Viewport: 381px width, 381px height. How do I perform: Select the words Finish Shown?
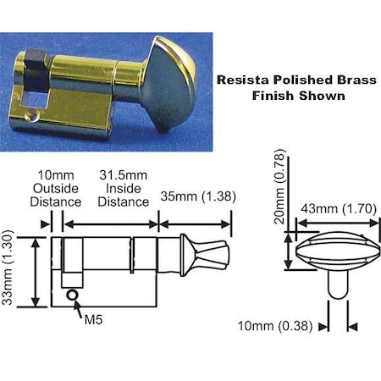pyautogui.click(x=299, y=96)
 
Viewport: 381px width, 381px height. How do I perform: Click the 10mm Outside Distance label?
pyautogui.click(x=56, y=190)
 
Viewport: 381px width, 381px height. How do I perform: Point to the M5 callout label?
pyautogui.click(x=94, y=321)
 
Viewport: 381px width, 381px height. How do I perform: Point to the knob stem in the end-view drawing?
pyautogui.click(x=336, y=284)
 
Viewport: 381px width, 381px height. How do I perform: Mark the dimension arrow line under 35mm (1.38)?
pyautogui.click(x=196, y=224)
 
